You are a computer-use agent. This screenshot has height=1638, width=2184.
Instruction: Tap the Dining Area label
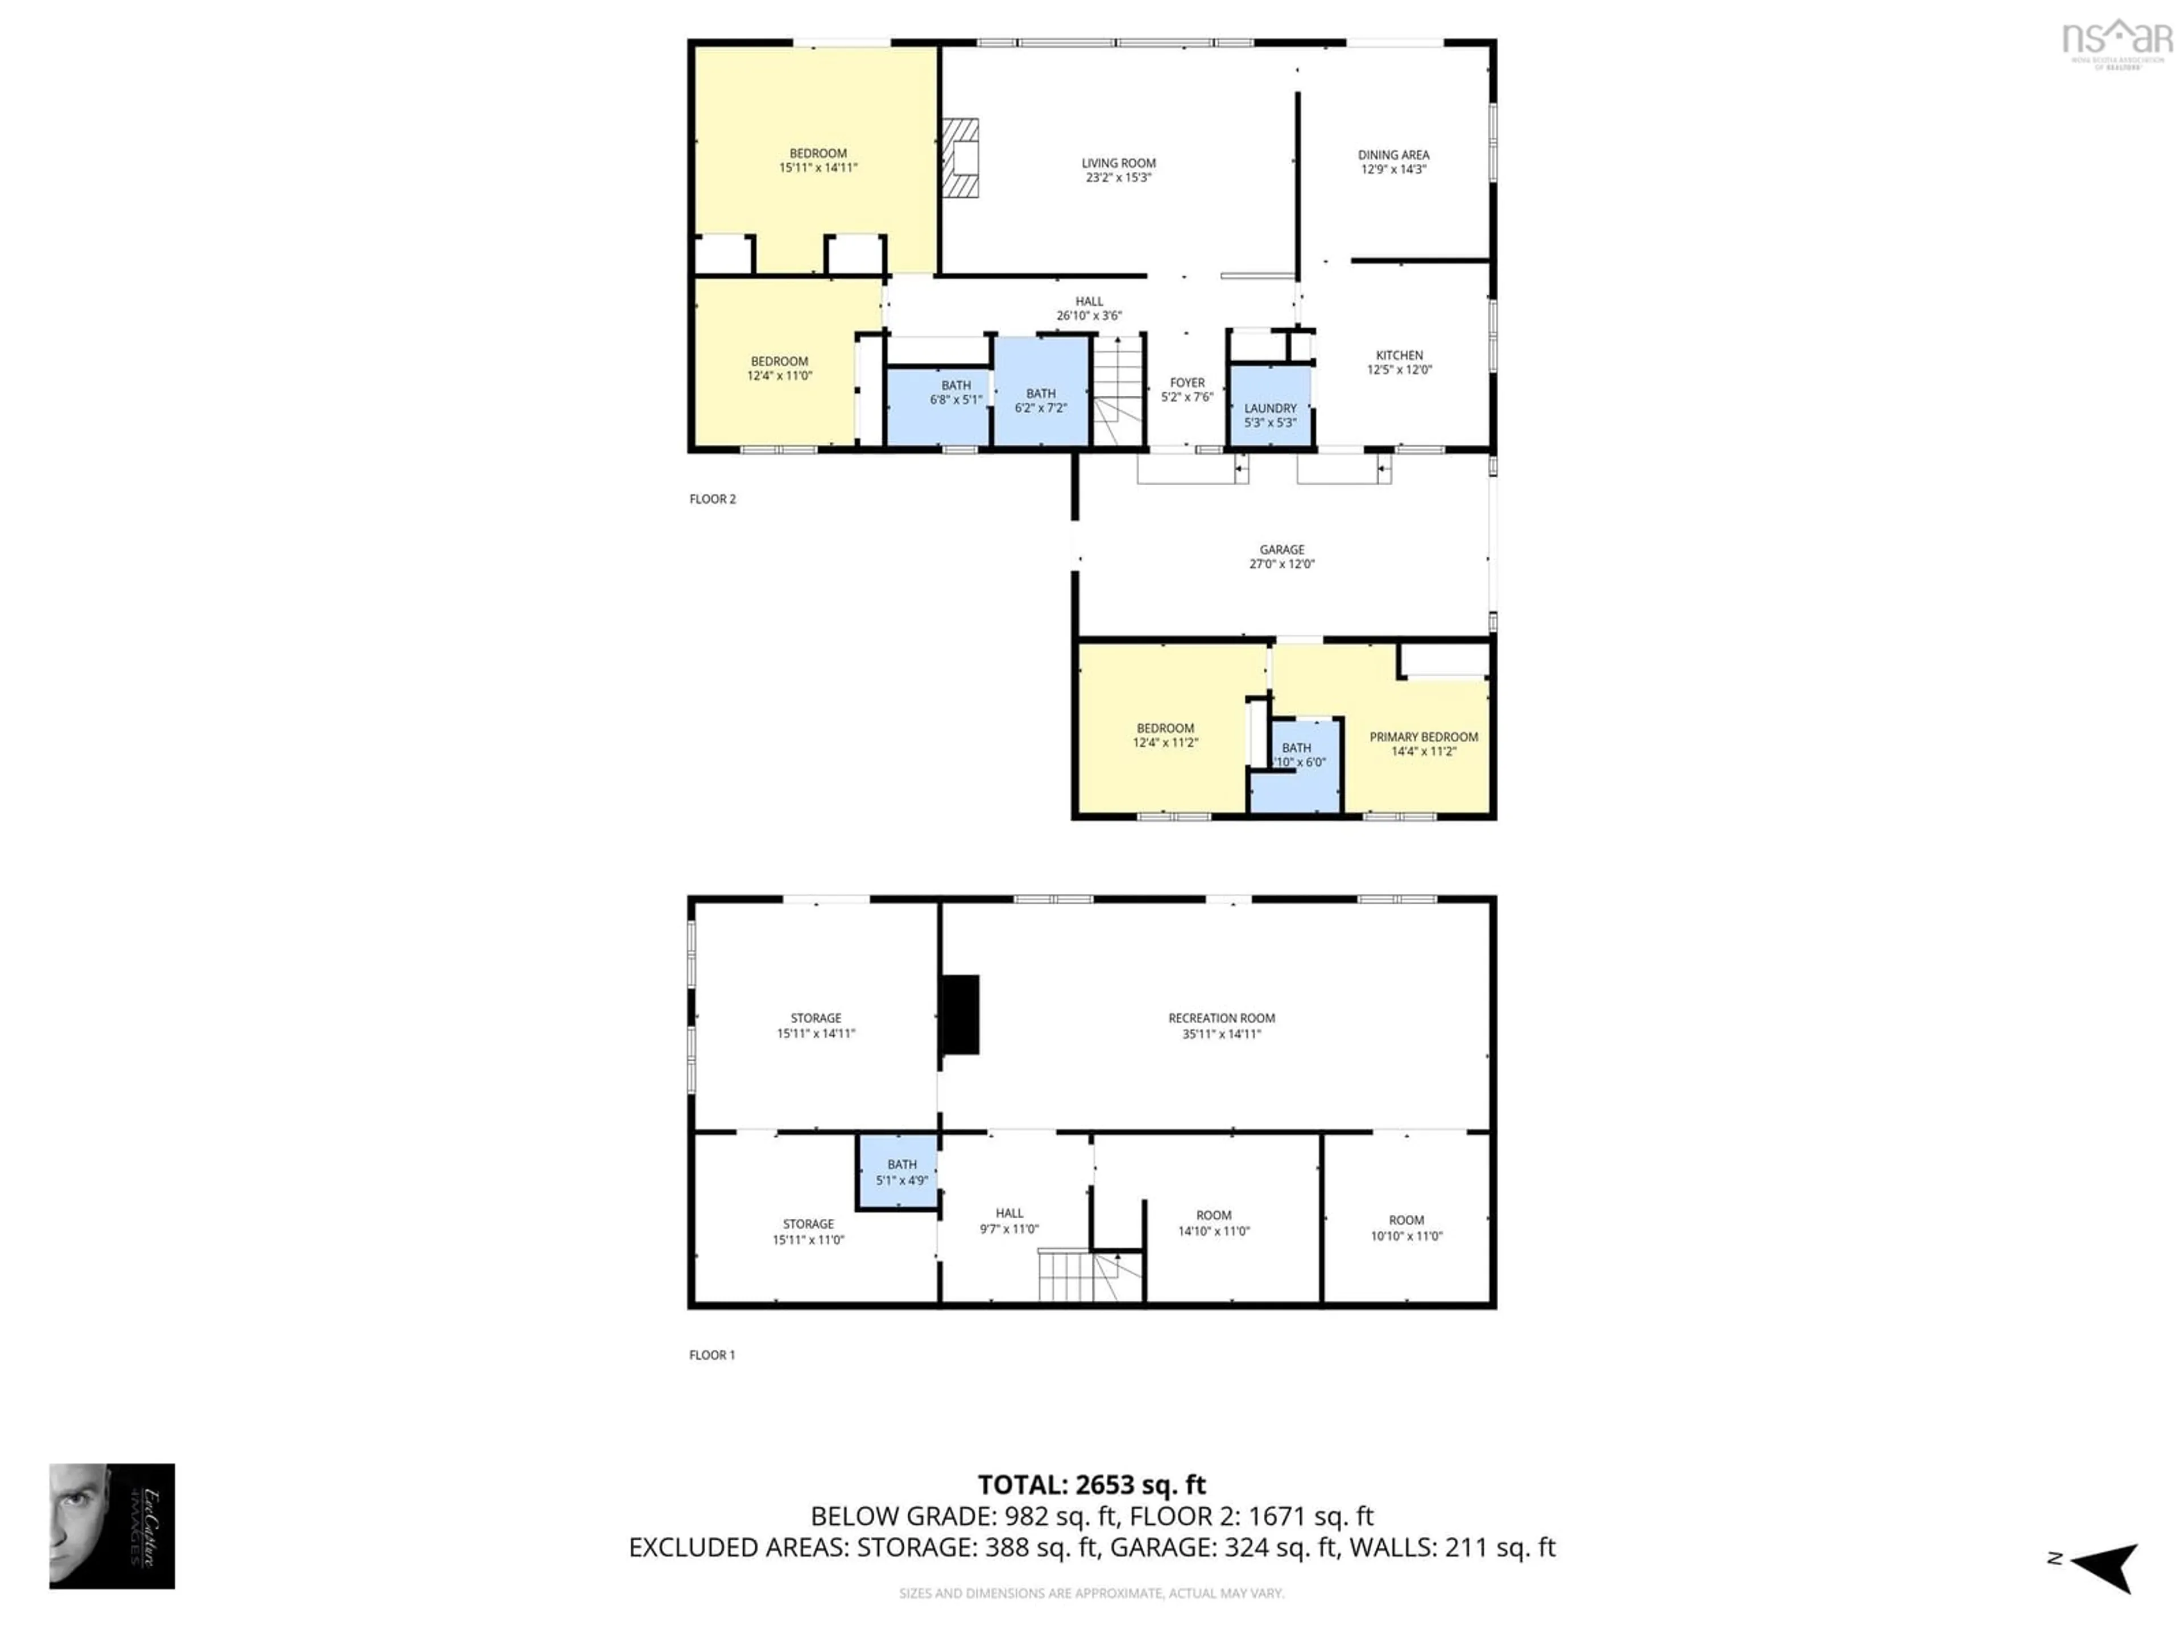click(x=1392, y=155)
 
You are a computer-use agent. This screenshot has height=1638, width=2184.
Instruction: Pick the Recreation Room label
click(x=1221, y=1018)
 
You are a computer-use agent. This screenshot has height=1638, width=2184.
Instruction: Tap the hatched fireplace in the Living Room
click(x=959, y=158)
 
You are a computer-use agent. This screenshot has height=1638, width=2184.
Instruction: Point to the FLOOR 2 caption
click(x=712, y=499)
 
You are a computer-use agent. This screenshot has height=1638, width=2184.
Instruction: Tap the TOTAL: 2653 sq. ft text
click(x=1091, y=1485)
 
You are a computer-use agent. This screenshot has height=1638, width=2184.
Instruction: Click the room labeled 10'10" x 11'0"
click(x=1406, y=1227)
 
